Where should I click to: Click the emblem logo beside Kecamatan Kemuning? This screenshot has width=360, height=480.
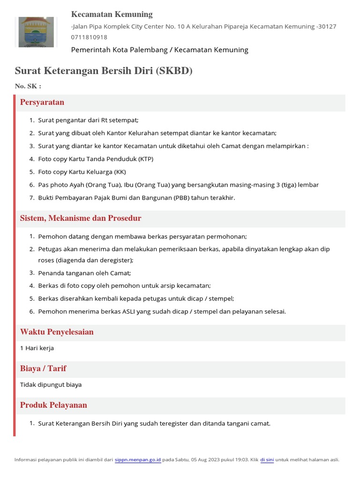click(x=36, y=31)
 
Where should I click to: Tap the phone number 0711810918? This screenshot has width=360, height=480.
click(x=89, y=37)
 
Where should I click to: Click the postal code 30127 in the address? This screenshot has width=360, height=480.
click(x=327, y=27)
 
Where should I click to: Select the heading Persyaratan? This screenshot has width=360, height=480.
click(x=42, y=102)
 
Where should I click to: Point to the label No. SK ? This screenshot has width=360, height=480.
click(x=28, y=86)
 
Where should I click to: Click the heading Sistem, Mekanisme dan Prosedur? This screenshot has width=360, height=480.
click(x=81, y=218)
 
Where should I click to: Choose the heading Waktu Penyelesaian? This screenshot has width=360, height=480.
click(x=57, y=332)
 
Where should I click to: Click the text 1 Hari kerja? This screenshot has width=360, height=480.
click(x=37, y=348)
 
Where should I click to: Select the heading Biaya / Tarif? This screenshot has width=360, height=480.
click(x=46, y=368)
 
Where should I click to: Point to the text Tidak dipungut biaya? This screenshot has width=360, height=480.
click(x=51, y=385)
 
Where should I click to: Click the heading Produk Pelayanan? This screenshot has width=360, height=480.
click(x=53, y=405)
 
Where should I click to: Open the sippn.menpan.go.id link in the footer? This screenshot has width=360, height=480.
click(x=138, y=460)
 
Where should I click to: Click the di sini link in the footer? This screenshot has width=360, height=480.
click(x=267, y=460)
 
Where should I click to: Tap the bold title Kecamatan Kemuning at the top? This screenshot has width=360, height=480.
click(x=112, y=15)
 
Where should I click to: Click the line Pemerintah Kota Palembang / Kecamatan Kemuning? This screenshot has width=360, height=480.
click(x=159, y=50)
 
